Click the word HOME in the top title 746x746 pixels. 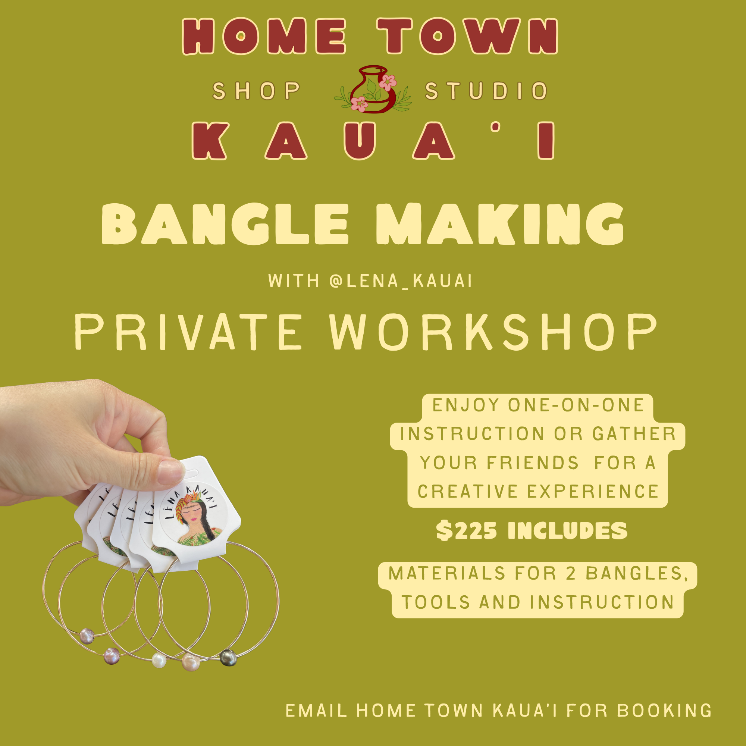tap(264, 37)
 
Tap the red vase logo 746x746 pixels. tap(373, 90)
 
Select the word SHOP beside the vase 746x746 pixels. tap(256, 91)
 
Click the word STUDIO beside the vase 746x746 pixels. tap(486, 91)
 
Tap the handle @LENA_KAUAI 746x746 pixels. tap(401, 281)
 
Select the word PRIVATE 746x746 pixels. tap(188, 332)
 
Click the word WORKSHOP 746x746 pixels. tap(493, 332)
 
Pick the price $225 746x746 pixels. tap(467, 530)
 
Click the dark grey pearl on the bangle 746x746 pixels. tap(228, 658)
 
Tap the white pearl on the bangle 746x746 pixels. tap(159, 660)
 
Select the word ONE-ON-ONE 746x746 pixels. tap(576, 405)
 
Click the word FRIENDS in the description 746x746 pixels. tap(533, 463)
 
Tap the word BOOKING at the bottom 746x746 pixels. tap(664, 711)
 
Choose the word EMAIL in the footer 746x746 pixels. tap(316, 711)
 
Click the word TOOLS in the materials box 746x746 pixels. tap(436, 602)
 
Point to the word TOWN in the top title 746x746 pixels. tap(468, 36)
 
